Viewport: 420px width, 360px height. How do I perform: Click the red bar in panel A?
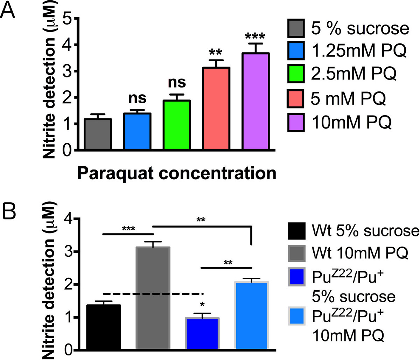click(216, 109)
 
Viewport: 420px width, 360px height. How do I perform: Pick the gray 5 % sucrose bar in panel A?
click(98, 134)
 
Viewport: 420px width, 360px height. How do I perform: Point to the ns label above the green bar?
click(177, 83)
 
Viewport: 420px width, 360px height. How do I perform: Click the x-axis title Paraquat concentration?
click(176, 173)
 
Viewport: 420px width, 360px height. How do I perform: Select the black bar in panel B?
click(103, 327)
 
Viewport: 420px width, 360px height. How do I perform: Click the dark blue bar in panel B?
click(202, 334)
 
